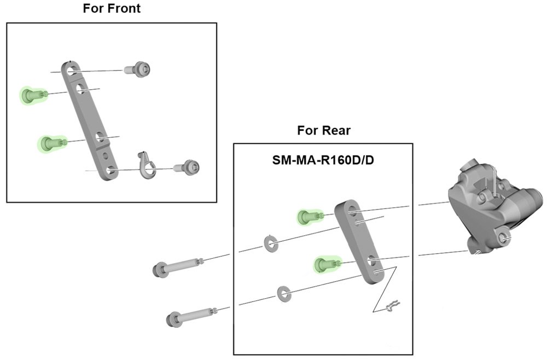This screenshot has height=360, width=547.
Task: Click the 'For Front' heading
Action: tap(112, 9)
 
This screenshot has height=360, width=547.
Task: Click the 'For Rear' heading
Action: tap(323, 130)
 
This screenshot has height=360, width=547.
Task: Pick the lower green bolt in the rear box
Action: tap(325, 264)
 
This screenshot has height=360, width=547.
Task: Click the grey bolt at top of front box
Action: tap(138, 69)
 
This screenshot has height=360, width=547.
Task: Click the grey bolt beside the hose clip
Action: tap(187, 167)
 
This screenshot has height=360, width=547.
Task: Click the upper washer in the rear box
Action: tap(269, 242)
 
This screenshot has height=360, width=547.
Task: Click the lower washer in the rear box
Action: tap(283, 293)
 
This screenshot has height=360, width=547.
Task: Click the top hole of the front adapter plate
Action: tap(71, 69)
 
